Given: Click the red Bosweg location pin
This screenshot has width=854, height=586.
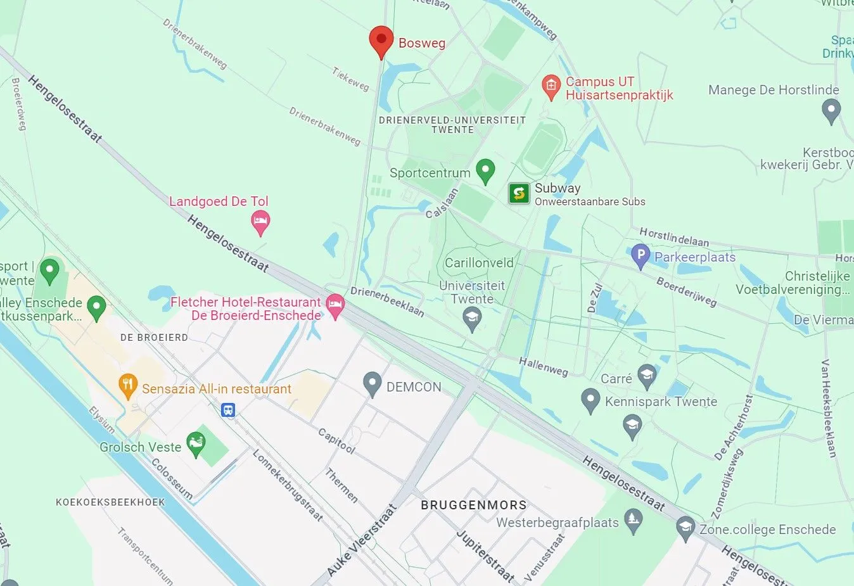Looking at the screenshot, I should tap(381, 41).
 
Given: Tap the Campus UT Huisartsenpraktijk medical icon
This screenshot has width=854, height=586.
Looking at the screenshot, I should tap(551, 87).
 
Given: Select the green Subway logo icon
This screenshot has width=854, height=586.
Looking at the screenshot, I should tap(519, 193).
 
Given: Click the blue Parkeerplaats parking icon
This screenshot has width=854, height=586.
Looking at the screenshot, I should tap(640, 256).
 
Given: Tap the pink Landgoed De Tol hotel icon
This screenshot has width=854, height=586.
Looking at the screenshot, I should tap(260, 222).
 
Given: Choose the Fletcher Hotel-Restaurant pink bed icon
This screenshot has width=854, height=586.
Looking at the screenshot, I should tap(335, 306).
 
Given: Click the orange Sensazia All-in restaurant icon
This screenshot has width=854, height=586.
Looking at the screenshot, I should tap(129, 386).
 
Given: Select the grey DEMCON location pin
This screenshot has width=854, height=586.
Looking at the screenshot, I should tap(372, 383).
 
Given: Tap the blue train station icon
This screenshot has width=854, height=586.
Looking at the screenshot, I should tap(228, 411).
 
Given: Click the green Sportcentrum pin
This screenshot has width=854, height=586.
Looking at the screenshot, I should tap(485, 170).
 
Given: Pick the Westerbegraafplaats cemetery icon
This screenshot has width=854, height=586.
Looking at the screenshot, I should tap(633, 521).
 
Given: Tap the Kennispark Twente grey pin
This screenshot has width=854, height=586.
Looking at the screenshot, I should tap(590, 400).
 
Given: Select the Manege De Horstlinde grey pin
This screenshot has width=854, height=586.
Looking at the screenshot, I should tap(831, 111).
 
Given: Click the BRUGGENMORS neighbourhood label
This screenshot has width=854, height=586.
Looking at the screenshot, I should tap(474, 505).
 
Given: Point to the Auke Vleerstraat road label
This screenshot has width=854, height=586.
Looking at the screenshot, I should tap(361, 540).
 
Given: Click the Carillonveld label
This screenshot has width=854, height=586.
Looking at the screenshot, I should tap(479, 263).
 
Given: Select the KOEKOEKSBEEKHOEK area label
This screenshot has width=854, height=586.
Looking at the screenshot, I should tap(110, 502).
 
